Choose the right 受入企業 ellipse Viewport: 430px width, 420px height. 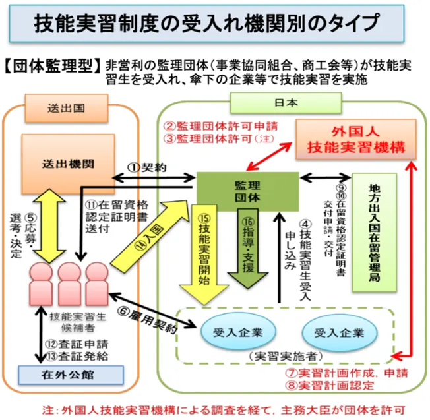click(338, 332)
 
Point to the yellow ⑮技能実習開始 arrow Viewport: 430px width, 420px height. click(204, 247)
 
